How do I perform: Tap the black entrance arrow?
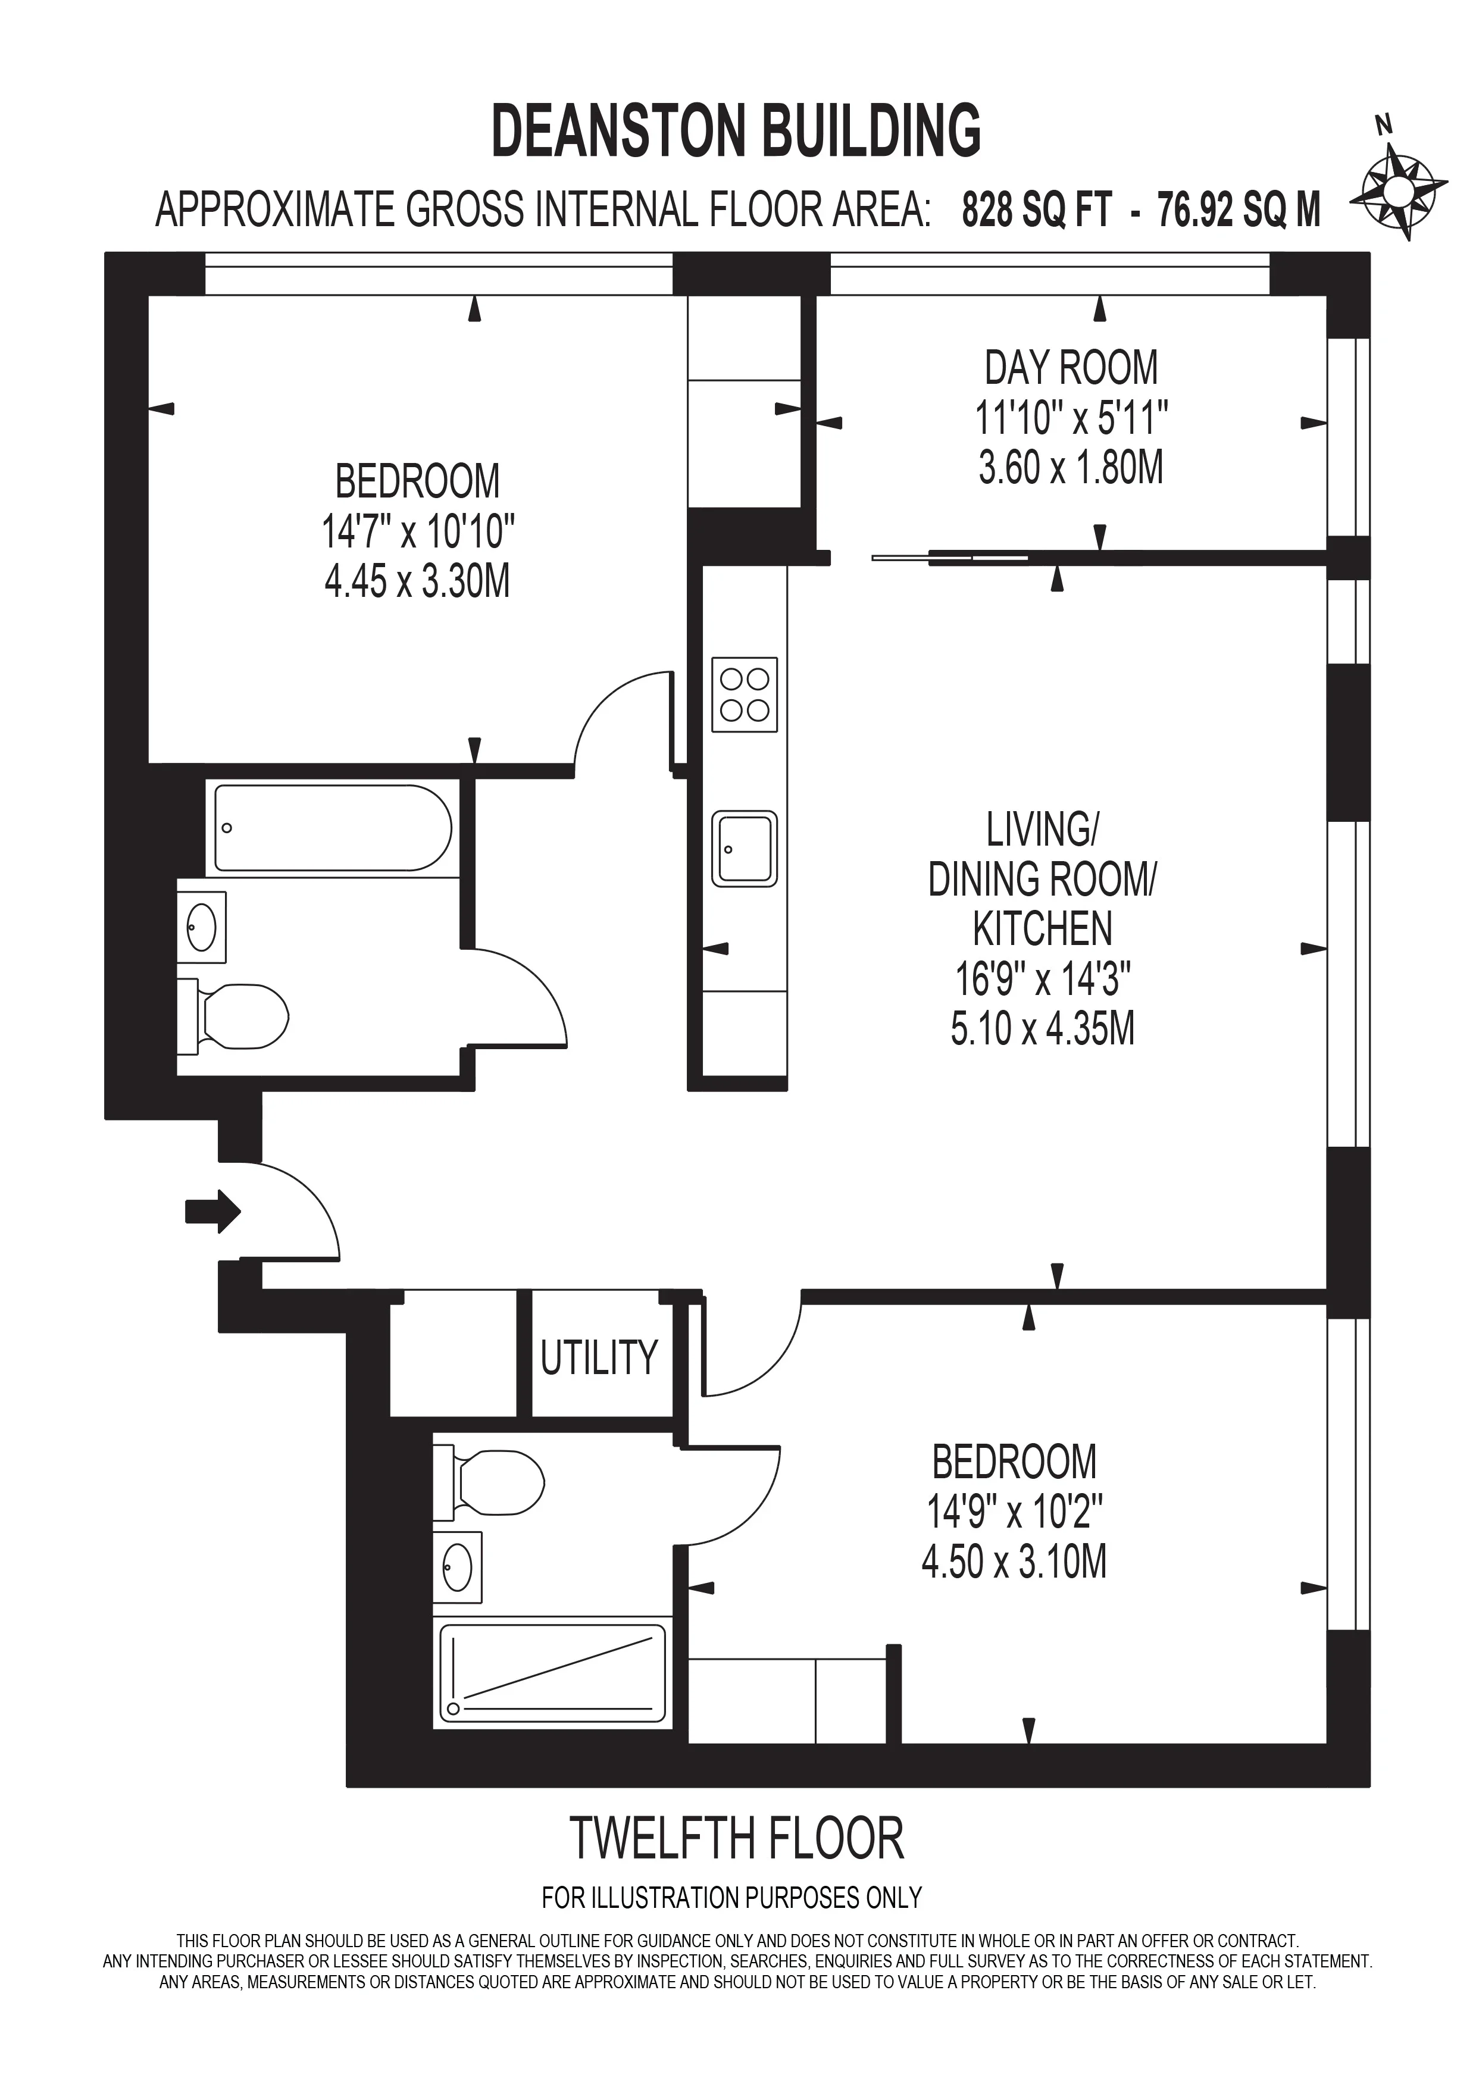pyautogui.click(x=212, y=1211)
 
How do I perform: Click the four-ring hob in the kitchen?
pyautogui.click(x=745, y=694)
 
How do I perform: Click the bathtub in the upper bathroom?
pyautogui.click(x=333, y=828)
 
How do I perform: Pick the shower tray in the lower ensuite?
pyautogui.click(x=552, y=1673)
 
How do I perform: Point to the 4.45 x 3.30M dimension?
pyautogui.click(x=417, y=582)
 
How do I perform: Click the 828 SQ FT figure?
pyautogui.click(x=1037, y=211)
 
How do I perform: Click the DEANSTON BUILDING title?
pyautogui.click(x=736, y=131)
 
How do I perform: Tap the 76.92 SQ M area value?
pyautogui.click(x=1239, y=211)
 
